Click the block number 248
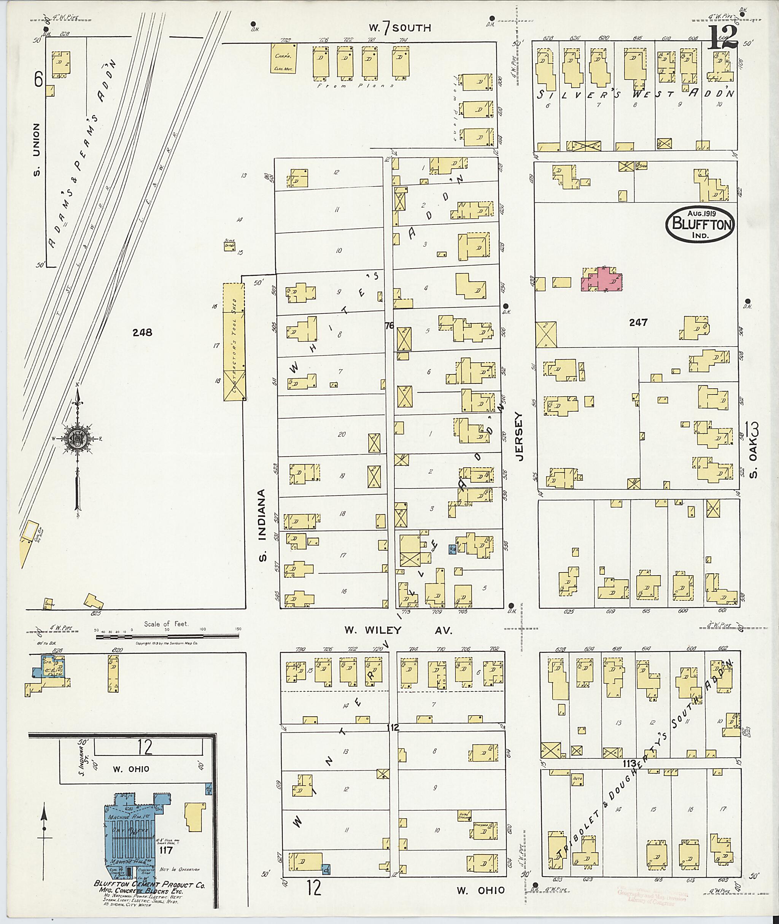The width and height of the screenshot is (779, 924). [x=142, y=332]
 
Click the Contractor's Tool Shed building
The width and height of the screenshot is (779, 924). [x=233, y=342]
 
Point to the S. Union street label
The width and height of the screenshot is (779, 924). [x=37, y=149]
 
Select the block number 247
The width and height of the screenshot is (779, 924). [x=638, y=323]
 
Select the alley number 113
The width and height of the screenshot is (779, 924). [x=629, y=763]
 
